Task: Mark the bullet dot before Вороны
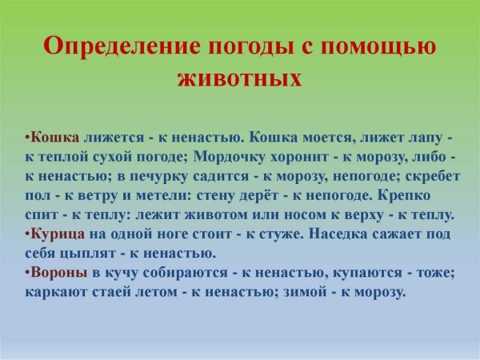[x=26, y=274]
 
